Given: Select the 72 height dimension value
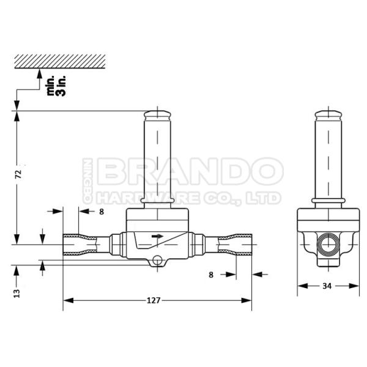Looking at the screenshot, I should pyautogui.click(x=19, y=174).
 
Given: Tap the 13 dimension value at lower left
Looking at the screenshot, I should pyautogui.click(x=19, y=292).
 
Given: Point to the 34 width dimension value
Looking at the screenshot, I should pyautogui.click(x=327, y=286).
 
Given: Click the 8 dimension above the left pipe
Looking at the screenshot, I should pyautogui.click(x=102, y=212).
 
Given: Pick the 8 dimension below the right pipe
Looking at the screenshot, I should pyautogui.click(x=211, y=275).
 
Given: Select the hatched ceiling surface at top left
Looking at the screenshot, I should pyautogui.click(x=60, y=60).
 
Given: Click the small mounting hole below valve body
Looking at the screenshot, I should pyautogui.click(x=158, y=261).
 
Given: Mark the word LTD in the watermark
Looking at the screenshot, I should pyautogui.click(x=267, y=198).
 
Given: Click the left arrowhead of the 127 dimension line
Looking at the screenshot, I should pyautogui.click(x=67, y=300).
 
